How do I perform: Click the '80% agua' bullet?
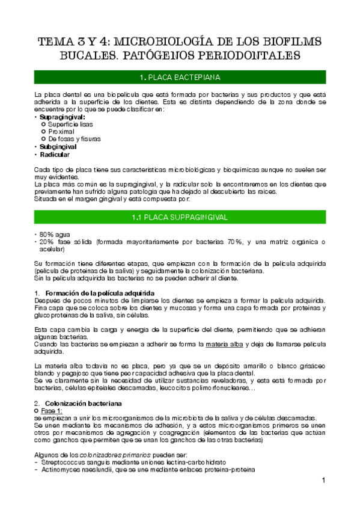point(52,234)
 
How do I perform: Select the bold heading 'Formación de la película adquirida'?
point(100,293)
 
